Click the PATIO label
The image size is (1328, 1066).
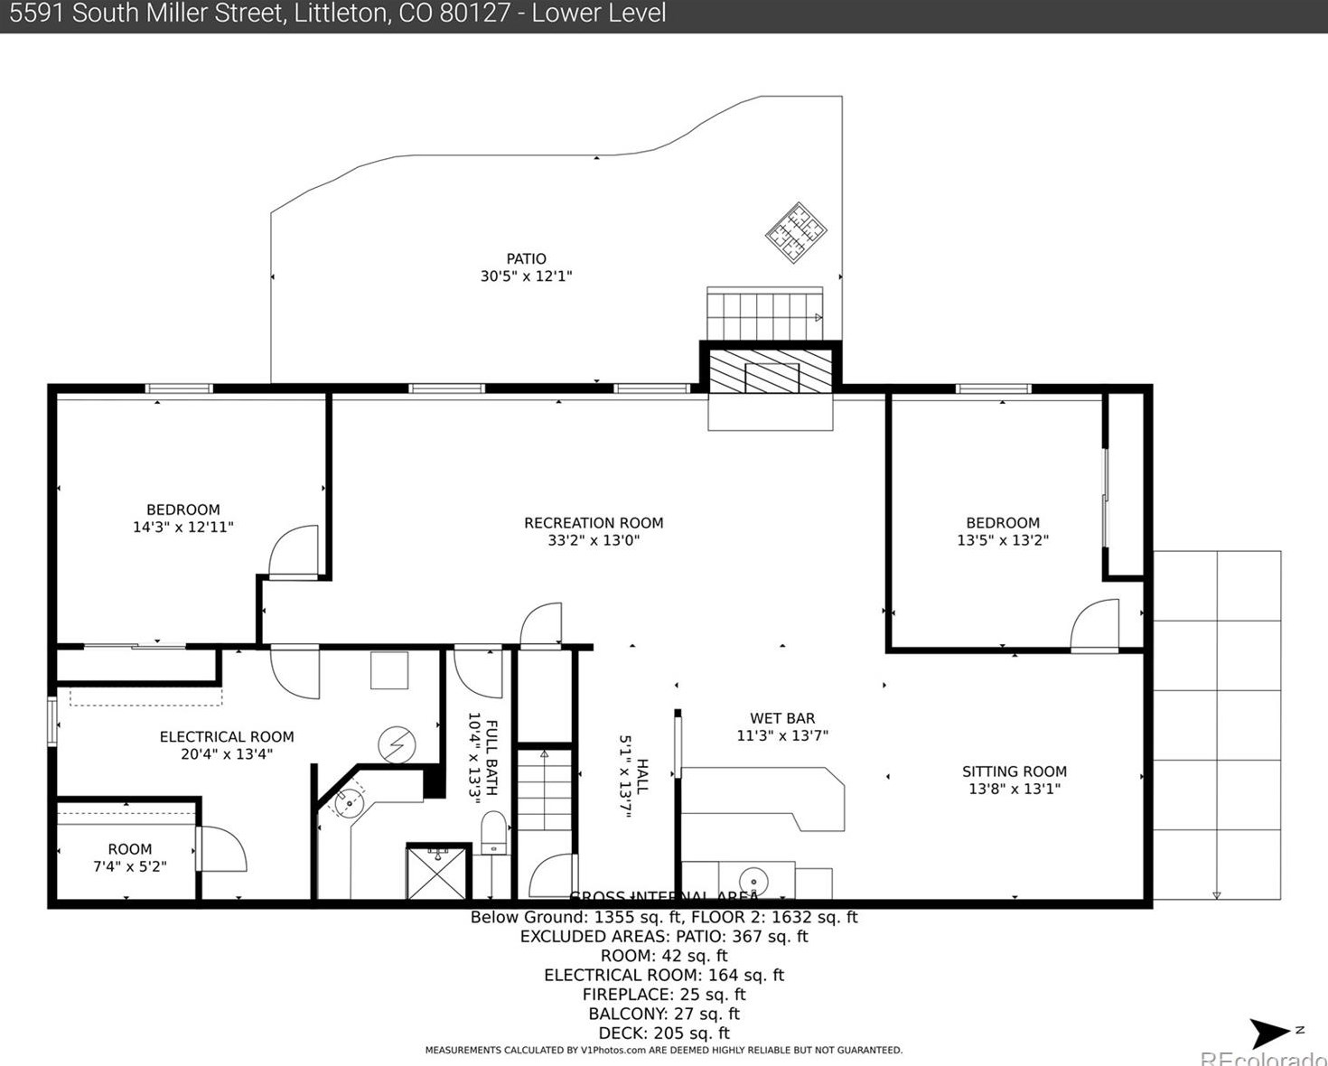click(526, 259)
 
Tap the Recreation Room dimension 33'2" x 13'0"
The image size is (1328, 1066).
click(594, 540)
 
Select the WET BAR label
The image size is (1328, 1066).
click(781, 718)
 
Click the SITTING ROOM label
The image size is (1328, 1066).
click(1014, 771)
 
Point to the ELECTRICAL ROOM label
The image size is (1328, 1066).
click(227, 737)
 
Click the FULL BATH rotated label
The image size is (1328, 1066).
click(491, 757)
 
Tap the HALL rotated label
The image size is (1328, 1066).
click(642, 776)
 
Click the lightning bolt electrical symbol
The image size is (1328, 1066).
click(397, 745)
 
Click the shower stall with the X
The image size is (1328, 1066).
click(438, 873)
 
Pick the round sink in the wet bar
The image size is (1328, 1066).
click(753, 880)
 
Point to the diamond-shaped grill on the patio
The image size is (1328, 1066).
click(796, 232)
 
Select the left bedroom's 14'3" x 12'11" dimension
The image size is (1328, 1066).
click(182, 527)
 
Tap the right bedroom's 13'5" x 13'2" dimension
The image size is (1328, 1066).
click(1003, 540)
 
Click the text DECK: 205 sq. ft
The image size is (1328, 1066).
click(664, 1033)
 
